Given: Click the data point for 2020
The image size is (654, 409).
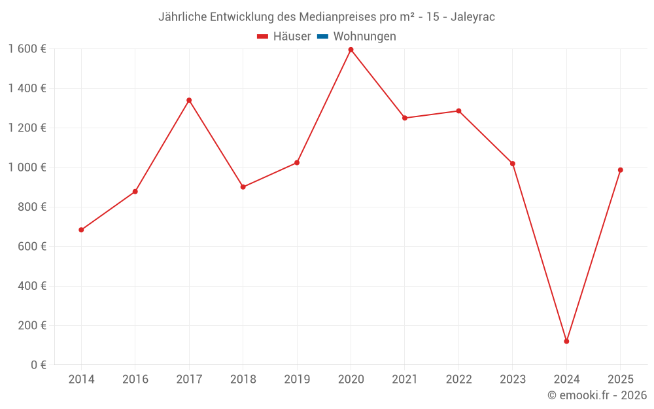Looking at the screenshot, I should pyautogui.click(x=351, y=50).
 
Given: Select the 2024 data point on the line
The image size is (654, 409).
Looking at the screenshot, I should pyautogui.click(x=566, y=341).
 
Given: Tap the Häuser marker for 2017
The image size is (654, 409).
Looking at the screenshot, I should pyautogui.click(x=189, y=100).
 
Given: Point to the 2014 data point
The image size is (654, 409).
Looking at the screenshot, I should pyautogui.click(x=81, y=230).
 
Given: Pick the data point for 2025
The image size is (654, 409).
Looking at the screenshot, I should pyautogui.click(x=620, y=170).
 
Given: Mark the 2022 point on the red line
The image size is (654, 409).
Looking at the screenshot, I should pyautogui.click(x=458, y=111).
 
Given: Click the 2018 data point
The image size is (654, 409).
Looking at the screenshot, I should pyautogui.click(x=243, y=187).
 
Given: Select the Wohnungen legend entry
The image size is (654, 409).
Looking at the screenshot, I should pyautogui.click(x=364, y=37).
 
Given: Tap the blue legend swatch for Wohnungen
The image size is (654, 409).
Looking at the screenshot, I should pyautogui.click(x=322, y=37).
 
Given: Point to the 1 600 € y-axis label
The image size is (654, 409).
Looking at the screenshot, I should pyautogui.click(x=27, y=48).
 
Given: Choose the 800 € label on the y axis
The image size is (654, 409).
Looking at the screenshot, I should pyautogui.click(x=31, y=207).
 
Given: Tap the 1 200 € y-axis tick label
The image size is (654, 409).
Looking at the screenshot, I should pyautogui.click(x=27, y=128).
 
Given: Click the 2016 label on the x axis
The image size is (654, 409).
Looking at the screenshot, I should pyautogui.click(x=135, y=380).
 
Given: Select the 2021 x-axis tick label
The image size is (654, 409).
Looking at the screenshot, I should pyautogui.click(x=405, y=380).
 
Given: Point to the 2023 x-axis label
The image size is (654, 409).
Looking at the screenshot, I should pyautogui.click(x=513, y=380).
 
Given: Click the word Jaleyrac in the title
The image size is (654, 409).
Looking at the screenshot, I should pyautogui.click(x=473, y=17).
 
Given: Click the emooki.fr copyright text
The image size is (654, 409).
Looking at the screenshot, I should pyautogui.click(x=597, y=395).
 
